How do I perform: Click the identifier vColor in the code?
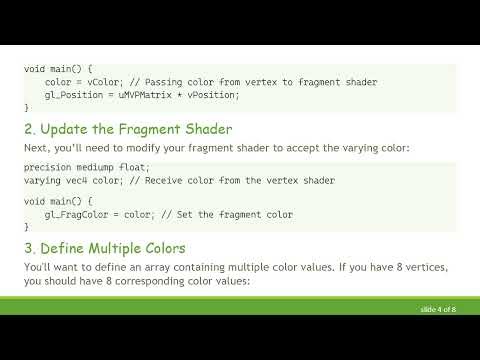[101, 81]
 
